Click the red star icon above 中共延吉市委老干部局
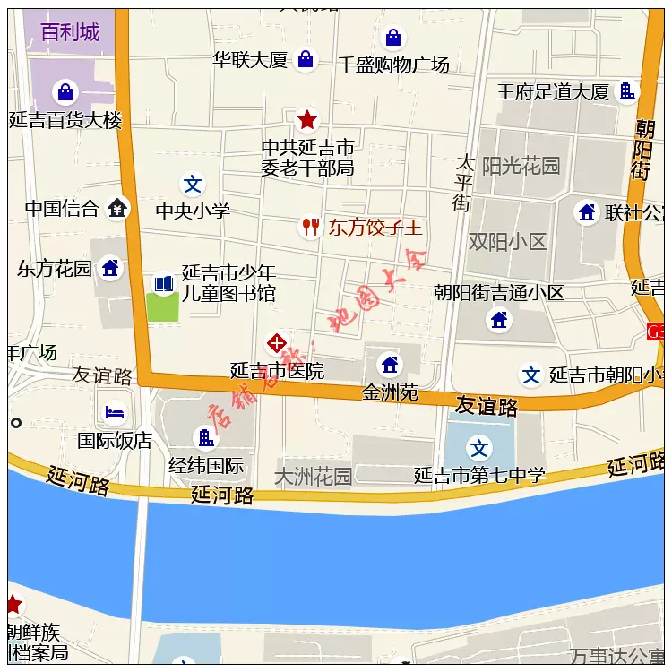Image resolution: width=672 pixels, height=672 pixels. coord(307,118)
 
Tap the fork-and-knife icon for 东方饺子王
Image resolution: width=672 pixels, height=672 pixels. coord(310,227)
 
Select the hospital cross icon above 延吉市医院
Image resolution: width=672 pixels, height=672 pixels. coord(277,343)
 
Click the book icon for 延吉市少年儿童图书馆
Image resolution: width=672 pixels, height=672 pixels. coord(163,284)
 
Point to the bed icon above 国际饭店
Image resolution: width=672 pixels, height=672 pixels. coord(115,412)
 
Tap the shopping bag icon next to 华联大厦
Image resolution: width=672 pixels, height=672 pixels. coord(306,59)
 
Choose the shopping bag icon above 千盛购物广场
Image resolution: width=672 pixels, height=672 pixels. coord(392,38)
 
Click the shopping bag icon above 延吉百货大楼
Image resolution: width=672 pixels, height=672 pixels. coord(65,91)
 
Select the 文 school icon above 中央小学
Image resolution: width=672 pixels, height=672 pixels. coord(193,185)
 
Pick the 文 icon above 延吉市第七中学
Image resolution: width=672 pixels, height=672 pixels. coord(480,448)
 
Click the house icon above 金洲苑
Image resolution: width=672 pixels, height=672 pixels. coord(390,365)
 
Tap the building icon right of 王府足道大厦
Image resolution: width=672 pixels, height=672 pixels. coord(628,90)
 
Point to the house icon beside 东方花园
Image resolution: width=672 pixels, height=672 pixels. coord(110,267)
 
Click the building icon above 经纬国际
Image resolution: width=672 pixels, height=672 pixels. coord(206,438)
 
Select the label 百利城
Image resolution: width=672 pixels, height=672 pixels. coord(70,33)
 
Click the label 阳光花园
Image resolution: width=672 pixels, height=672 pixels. coord(521,166)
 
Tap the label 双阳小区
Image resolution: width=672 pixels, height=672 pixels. coord(507,242)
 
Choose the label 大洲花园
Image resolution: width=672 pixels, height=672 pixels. coord(313,476)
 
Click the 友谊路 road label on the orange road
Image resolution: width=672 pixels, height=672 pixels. coord(487,406)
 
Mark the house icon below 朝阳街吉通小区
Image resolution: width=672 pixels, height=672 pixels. coord(499,319)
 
